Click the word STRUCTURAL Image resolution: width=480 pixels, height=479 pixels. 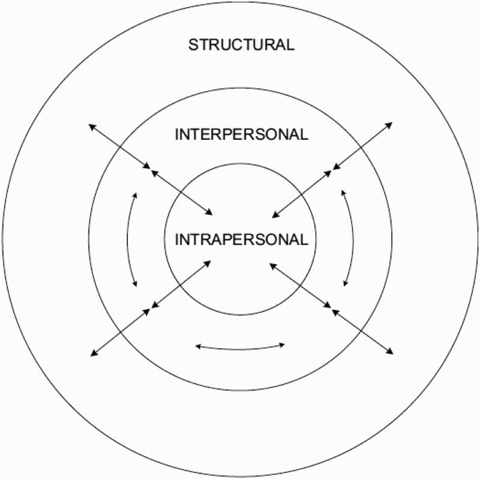(241, 44)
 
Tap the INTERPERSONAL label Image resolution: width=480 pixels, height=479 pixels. (241, 135)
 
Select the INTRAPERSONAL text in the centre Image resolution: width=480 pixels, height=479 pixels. (241, 239)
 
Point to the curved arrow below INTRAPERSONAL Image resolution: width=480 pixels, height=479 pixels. (241, 349)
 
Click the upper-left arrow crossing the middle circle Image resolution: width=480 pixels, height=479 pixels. (119, 146)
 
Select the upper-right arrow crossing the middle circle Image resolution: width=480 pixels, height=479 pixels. (362, 146)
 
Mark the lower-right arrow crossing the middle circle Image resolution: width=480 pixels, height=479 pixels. (362, 332)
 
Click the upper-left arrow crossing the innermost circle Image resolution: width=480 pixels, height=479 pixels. (182, 193)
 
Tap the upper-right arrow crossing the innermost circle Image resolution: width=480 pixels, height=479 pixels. (302, 194)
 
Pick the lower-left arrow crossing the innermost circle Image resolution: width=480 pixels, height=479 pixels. (181, 284)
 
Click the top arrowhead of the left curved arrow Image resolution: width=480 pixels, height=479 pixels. (135, 195)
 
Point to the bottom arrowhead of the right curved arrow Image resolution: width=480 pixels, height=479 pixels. (346, 283)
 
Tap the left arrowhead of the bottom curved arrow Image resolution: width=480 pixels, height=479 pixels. (198, 346)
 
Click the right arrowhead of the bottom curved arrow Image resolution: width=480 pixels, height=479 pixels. (282, 345)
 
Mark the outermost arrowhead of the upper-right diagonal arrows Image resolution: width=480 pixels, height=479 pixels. (389, 125)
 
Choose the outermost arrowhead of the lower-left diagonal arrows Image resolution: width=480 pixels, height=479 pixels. (94, 354)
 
